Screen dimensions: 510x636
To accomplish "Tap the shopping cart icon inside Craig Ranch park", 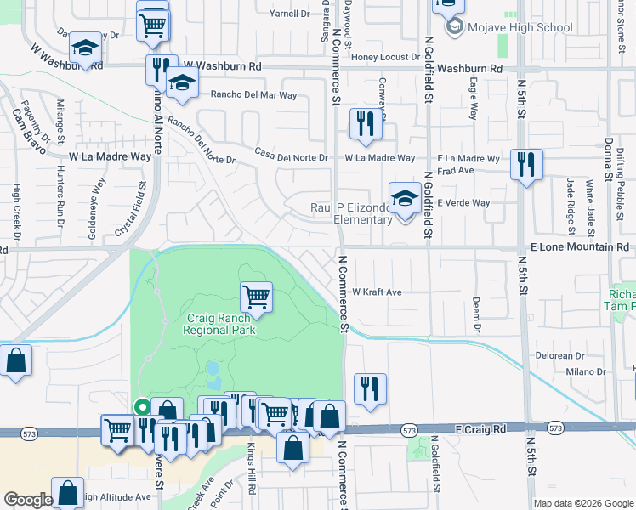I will (x=256, y=297).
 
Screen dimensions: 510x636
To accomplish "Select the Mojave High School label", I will (x=519, y=27).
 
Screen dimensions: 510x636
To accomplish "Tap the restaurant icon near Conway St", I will (x=366, y=124).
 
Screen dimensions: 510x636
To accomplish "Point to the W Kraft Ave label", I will (x=377, y=292).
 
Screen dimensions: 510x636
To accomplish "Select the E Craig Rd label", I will (x=482, y=431).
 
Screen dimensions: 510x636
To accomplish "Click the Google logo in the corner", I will (x=28, y=500).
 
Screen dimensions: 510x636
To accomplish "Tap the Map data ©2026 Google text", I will (x=582, y=503).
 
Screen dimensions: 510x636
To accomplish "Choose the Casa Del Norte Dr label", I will (x=292, y=156).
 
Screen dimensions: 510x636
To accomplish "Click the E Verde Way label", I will (x=464, y=203).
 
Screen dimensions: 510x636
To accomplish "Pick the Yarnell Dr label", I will (x=290, y=14).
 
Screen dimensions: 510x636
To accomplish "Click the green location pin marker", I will (x=142, y=407).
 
